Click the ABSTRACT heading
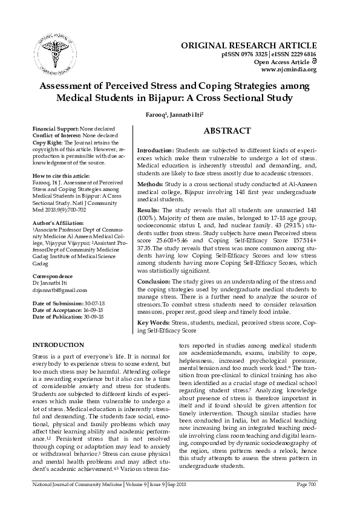227,131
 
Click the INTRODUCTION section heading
57,345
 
